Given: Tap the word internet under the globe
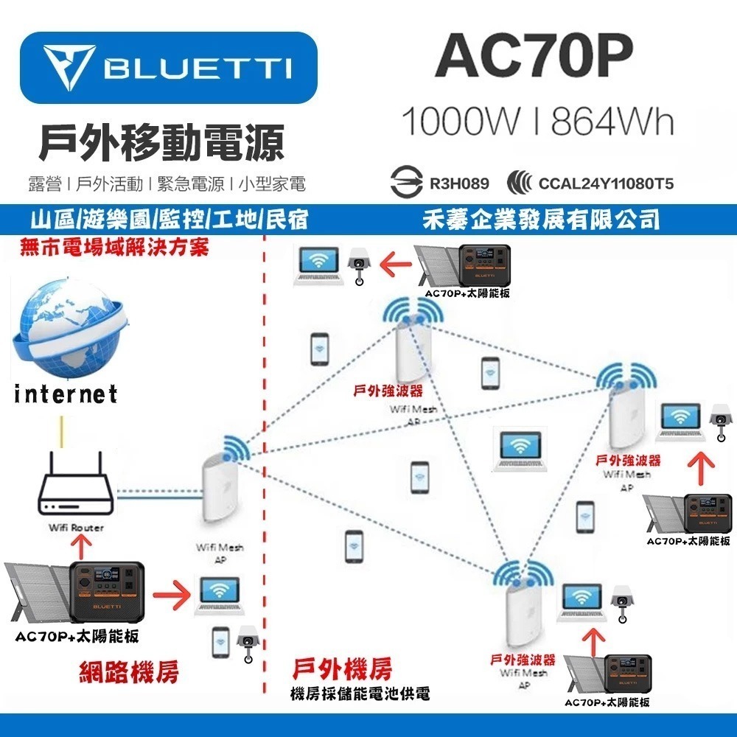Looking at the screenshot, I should click(x=66, y=394).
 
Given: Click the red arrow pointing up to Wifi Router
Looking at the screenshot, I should click(x=83, y=546).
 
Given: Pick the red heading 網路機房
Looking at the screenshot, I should click(x=129, y=672).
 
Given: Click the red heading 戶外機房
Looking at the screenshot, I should click(x=342, y=670).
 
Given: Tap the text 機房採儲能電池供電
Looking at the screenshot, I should click(x=360, y=694).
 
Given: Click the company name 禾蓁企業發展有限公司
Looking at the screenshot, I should click(x=541, y=219).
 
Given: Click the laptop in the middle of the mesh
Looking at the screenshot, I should click(x=521, y=450).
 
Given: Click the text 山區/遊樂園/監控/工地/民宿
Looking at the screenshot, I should click(x=165, y=219).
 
